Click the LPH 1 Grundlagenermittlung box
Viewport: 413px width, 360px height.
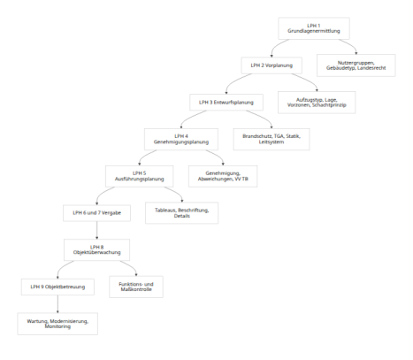(x=314, y=28)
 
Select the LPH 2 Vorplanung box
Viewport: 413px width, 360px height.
(x=272, y=65)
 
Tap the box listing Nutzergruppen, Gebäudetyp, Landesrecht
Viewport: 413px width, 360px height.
(x=356, y=65)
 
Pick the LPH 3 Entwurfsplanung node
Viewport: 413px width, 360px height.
(x=226, y=103)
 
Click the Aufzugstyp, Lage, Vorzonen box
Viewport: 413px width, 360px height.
(x=317, y=103)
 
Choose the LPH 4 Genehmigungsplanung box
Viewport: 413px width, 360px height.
(x=181, y=139)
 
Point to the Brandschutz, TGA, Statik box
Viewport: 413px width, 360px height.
(x=272, y=139)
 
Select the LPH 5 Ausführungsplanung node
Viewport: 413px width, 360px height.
(x=140, y=176)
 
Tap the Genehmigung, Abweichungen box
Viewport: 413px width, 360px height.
(x=223, y=176)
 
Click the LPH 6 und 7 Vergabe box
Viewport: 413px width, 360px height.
(x=96, y=213)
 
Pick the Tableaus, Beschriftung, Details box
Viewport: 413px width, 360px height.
(x=182, y=213)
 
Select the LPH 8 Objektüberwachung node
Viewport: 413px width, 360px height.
(x=96, y=249)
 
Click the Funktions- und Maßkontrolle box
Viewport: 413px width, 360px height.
(x=136, y=287)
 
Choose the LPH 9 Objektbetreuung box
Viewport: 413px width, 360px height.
(x=57, y=287)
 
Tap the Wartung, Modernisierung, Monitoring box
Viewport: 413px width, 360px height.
(x=57, y=324)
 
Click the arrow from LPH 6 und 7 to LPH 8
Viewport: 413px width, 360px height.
(x=96, y=230)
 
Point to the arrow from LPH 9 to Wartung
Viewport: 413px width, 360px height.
(x=57, y=304)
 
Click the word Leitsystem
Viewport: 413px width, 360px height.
(x=272, y=142)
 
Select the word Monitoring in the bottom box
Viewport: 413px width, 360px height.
(x=57, y=326)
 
